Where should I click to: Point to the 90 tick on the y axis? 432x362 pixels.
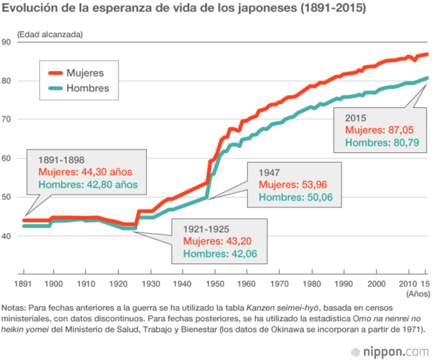[x=7, y=41]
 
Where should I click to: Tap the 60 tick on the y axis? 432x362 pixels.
[x=7, y=158]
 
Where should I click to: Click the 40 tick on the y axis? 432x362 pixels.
[x=7, y=236]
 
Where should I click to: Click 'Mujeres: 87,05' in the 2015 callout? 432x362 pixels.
[x=376, y=130]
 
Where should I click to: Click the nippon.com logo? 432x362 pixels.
[x=391, y=351]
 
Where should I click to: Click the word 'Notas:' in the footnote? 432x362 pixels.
[x=14, y=308]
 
